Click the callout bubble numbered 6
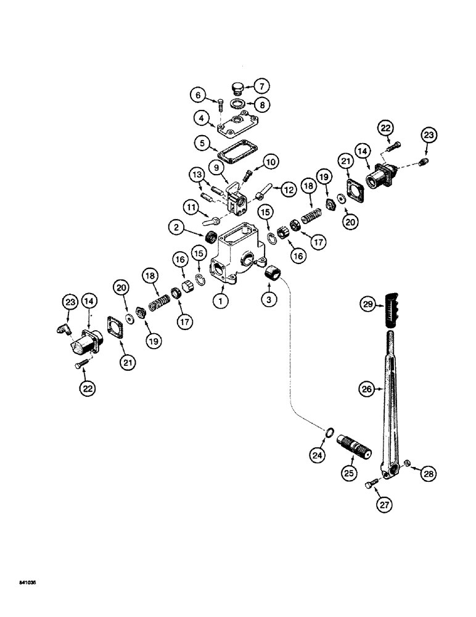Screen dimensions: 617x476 197,95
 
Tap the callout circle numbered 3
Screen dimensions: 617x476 268,300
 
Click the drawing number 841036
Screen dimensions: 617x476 28,582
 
